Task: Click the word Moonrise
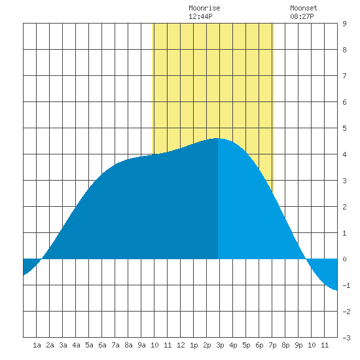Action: (204, 8)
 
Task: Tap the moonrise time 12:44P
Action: (200, 16)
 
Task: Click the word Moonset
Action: (304, 8)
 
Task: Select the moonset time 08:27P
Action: (302, 16)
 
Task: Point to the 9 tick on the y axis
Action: (344, 24)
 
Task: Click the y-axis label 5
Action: (344, 128)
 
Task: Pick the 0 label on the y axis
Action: (344, 259)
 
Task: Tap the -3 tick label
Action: (346, 338)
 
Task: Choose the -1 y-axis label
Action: (346, 285)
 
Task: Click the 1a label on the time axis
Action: (37, 345)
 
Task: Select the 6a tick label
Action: (102, 345)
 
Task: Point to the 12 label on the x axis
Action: (181, 345)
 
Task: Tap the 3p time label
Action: (220, 345)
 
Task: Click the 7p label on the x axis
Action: (272, 345)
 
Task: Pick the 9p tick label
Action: (298, 345)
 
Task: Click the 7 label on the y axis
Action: (344, 76)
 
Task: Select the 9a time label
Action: (141, 345)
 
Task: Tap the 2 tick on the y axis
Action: (344, 207)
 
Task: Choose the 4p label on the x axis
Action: (233, 345)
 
